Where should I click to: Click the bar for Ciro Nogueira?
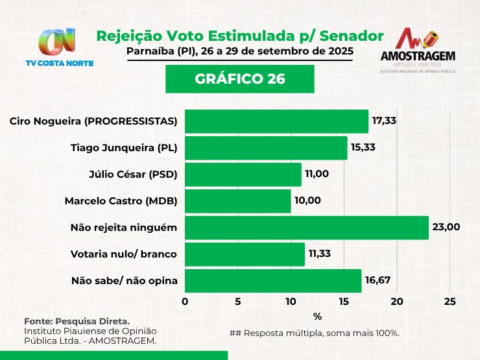click(276, 121)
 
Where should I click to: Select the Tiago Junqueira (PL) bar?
click(266, 148)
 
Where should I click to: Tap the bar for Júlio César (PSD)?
click(243, 174)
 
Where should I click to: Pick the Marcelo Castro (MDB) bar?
click(238, 201)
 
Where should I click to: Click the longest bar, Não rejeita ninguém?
click(307, 228)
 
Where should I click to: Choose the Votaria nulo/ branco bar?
click(245, 254)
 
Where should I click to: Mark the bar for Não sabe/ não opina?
click(273, 281)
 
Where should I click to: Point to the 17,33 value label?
click(384, 121)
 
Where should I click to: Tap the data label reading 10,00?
click(307, 200)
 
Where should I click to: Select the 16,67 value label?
click(378, 280)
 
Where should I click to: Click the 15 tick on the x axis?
click(344, 302)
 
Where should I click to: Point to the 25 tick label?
click(450, 302)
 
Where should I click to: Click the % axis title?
click(317, 317)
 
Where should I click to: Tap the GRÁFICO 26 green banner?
click(239, 79)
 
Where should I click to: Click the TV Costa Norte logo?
click(59, 47)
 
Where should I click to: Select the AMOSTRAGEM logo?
click(417, 51)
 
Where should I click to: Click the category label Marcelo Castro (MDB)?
click(121, 201)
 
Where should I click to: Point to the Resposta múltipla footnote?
click(314, 333)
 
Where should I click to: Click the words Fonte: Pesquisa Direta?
click(77, 321)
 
